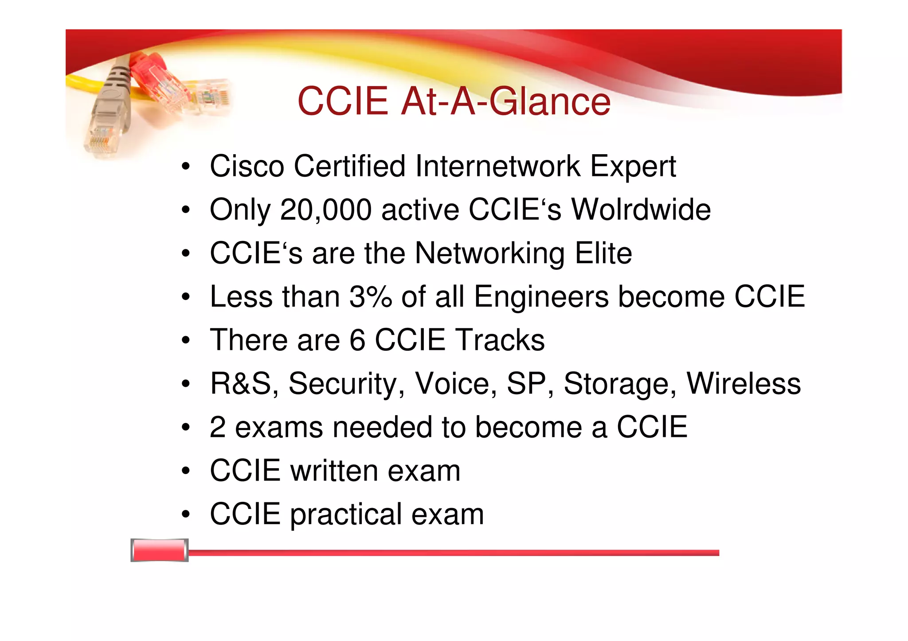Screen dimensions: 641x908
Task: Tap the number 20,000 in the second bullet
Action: pyautogui.click(x=326, y=210)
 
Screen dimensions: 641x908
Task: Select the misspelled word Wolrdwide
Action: pyautogui.click(x=641, y=210)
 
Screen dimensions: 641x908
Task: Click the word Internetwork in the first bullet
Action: pyautogui.click(x=498, y=166)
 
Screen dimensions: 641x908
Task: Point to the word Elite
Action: pyautogui.click(x=603, y=253)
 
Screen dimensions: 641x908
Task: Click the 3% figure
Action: pyautogui.click(x=371, y=297)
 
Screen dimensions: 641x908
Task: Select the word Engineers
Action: pyautogui.click(x=541, y=297)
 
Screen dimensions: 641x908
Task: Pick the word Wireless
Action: pyautogui.click(x=744, y=384)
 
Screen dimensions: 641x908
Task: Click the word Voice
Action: pyautogui.click(x=455, y=384)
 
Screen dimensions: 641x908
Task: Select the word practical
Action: pyautogui.click(x=346, y=515)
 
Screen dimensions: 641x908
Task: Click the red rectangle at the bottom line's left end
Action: pyautogui.click(x=159, y=550)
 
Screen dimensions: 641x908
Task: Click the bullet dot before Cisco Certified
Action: pyautogui.click(x=185, y=167)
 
